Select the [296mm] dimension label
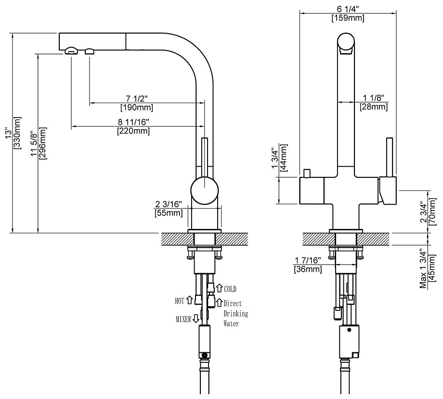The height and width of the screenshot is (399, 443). [44, 144]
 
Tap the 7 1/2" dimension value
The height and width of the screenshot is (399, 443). [137, 99]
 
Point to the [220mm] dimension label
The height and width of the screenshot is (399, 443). [133, 131]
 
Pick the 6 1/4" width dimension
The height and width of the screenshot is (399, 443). [348, 10]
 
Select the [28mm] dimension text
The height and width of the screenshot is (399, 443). [374, 106]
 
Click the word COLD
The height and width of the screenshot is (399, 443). [230, 289]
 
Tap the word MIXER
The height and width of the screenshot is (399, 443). [183, 319]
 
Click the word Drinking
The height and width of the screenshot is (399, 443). [235, 314]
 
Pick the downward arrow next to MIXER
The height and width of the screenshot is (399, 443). [196, 319]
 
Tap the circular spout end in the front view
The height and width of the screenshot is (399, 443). [347, 42]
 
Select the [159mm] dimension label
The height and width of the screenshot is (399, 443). [348, 18]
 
